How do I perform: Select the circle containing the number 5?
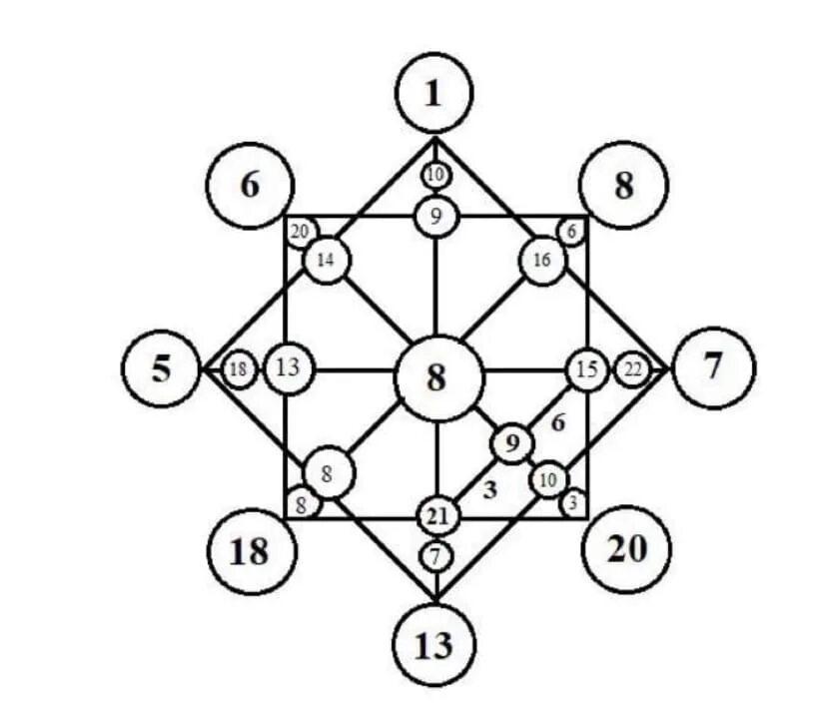click(162, 369)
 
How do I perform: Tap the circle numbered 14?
click(326, 261)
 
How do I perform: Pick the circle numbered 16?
click(542, 261)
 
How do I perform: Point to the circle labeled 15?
click(587, 370)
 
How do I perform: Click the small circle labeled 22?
click(632, 370)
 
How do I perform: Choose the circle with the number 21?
click(436, 517)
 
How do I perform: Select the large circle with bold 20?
click(626, 548)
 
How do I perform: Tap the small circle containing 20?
click(299, 233)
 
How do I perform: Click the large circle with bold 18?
click(249, 550)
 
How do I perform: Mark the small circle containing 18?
click(238, 370)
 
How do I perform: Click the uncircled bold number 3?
click(490, 490)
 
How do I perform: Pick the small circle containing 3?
click(572, 502)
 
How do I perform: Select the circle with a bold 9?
click(512, 442)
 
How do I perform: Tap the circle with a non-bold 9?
click(435, 216)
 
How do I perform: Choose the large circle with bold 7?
click(713, 367)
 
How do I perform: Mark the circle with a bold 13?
click(433, 645)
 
